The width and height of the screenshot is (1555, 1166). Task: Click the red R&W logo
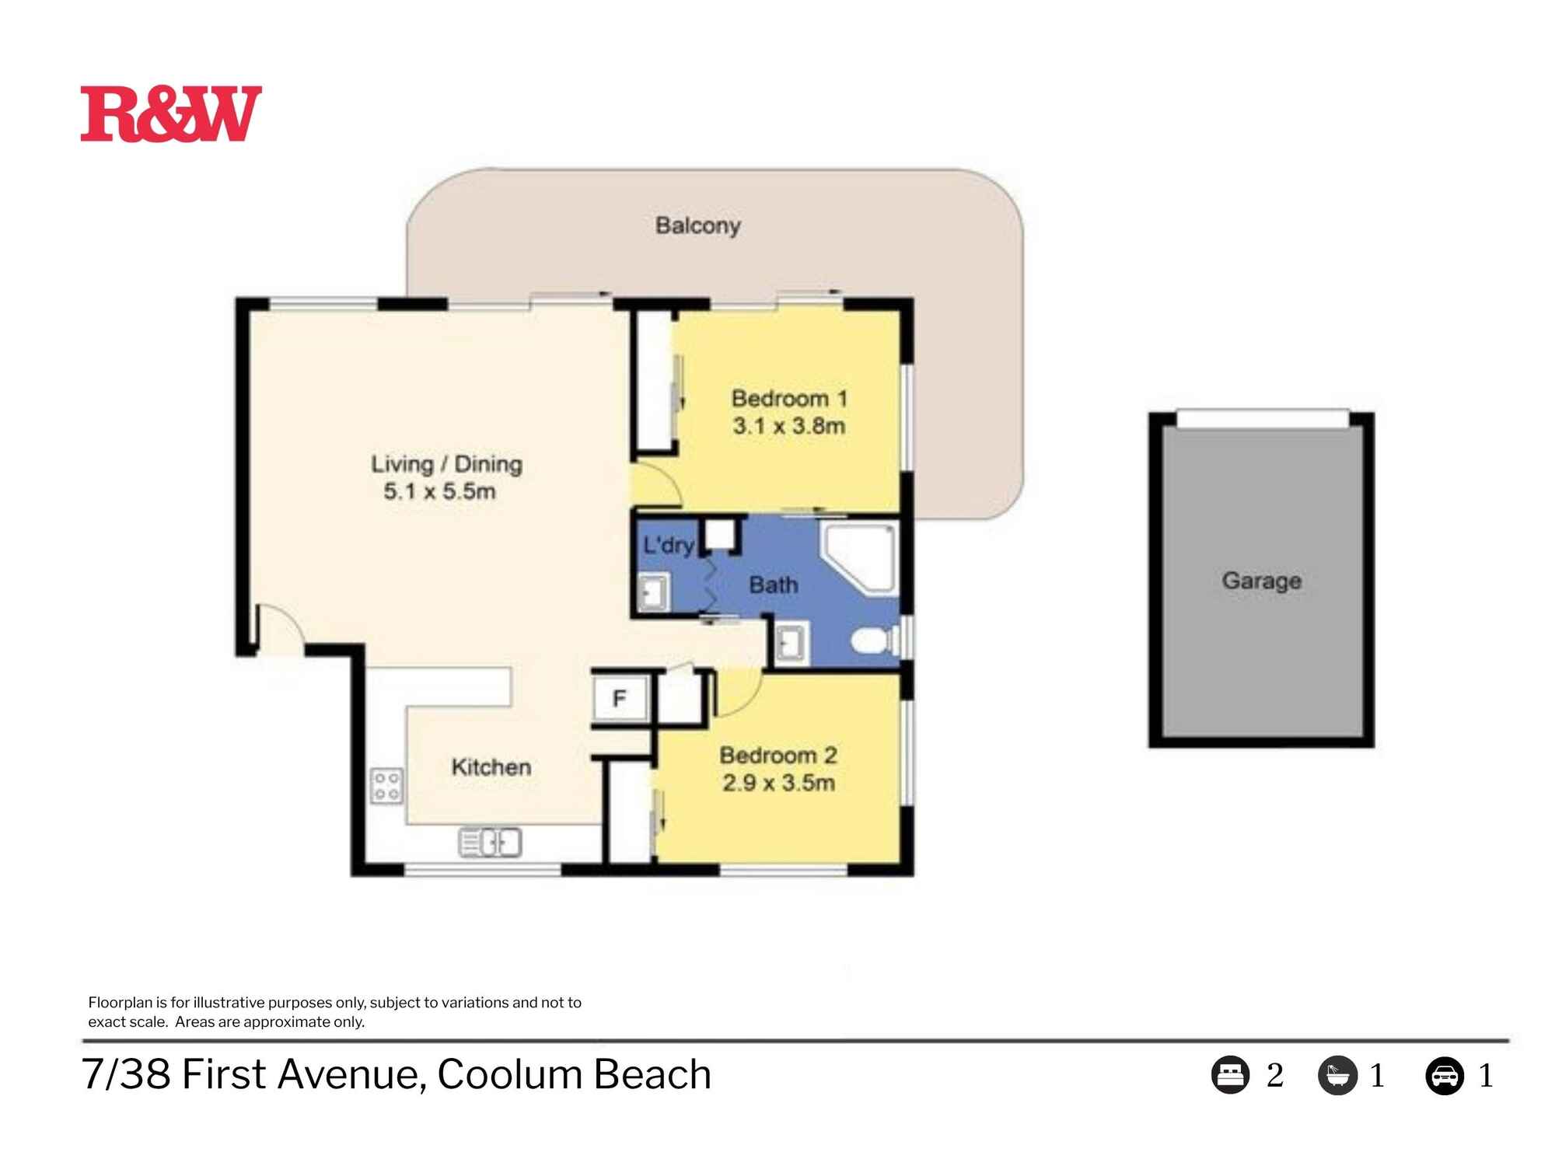171,114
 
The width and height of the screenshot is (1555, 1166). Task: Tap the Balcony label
697,225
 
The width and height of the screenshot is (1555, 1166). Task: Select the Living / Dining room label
446,464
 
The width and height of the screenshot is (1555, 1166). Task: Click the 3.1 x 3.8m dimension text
788,426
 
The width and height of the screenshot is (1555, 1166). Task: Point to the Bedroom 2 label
777,755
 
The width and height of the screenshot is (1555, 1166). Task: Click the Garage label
1261,581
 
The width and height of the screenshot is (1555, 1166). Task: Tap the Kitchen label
491,767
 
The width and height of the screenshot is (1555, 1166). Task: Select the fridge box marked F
620,699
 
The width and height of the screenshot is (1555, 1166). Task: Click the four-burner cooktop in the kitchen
386,785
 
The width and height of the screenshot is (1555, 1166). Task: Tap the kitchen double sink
491,842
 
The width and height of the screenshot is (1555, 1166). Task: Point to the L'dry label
667,545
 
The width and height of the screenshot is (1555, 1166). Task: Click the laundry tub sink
654,592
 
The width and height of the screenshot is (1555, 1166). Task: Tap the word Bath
773,585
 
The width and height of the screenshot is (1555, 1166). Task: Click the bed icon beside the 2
1230,1076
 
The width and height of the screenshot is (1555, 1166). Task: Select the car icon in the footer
1444,1076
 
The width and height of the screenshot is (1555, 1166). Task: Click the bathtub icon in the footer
1337,1076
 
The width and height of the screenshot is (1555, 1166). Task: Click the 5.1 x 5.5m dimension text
439,491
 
